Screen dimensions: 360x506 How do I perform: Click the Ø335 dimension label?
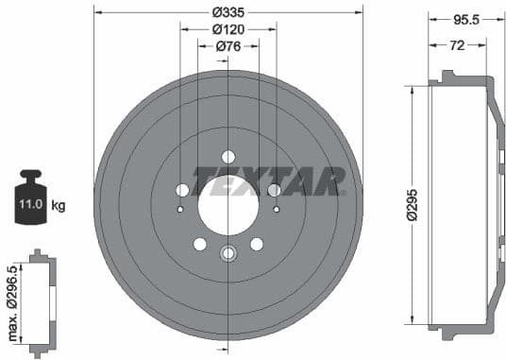228,12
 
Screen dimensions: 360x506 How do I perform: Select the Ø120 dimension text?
228,29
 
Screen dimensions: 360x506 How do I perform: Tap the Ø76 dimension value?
228,46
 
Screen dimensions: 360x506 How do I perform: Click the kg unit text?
58,204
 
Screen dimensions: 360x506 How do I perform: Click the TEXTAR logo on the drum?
268,180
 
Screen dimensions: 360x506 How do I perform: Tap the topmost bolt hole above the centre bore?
228,157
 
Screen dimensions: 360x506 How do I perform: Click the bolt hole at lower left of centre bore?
199,244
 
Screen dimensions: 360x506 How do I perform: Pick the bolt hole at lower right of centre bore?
256,244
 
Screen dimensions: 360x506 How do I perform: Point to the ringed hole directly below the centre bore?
228,253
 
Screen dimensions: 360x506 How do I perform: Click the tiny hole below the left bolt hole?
181,208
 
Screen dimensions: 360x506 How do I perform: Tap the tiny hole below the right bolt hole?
275,208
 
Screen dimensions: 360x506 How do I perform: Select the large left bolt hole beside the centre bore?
182,190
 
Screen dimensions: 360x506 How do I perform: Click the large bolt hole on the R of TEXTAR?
274,190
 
